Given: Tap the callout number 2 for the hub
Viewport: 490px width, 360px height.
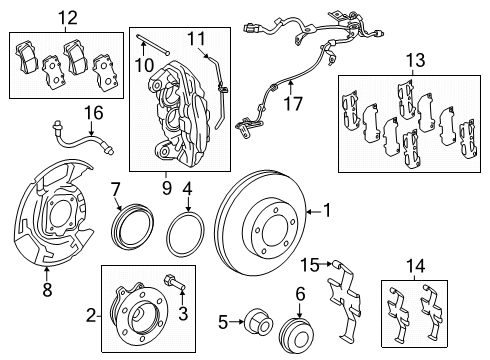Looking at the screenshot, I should pos(90,315).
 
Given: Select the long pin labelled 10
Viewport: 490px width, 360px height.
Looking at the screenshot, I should pos(151,44).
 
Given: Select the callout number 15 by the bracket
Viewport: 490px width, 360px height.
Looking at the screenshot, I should pos(311,265).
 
